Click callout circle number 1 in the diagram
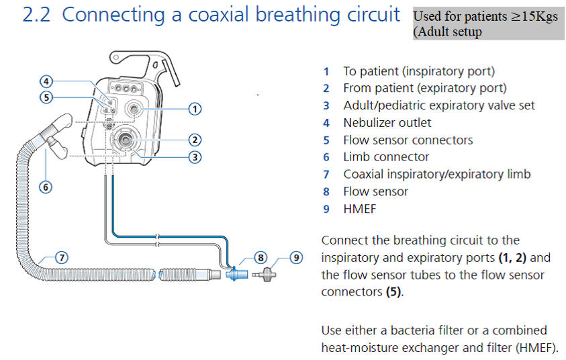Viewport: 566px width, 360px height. point(194,108)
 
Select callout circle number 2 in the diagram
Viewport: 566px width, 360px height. point(194,140)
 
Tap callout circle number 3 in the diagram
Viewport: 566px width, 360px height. point(194,158)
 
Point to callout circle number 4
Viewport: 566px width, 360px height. point(46,81)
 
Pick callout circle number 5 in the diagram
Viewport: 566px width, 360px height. point(46,97)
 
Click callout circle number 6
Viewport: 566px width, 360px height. point(46,187)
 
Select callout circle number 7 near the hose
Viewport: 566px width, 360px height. point(60,257)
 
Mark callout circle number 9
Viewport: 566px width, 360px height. point(296,257)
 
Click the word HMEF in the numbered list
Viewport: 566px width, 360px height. point(359,209)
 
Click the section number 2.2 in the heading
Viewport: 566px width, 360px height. point(38,15)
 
